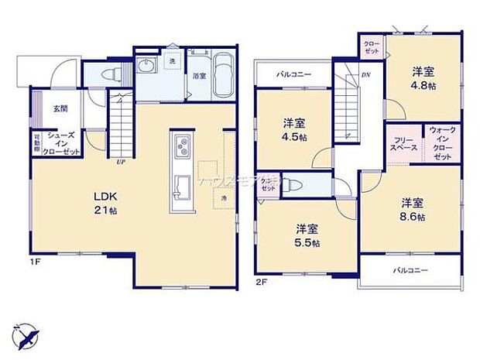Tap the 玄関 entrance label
tap(60, 109)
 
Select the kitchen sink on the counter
tap(182, 188)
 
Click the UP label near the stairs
tap(121, 162)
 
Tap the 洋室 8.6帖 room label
tap(412, 209)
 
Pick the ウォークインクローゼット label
tap(441, 142)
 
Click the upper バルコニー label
tap(293, 75)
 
